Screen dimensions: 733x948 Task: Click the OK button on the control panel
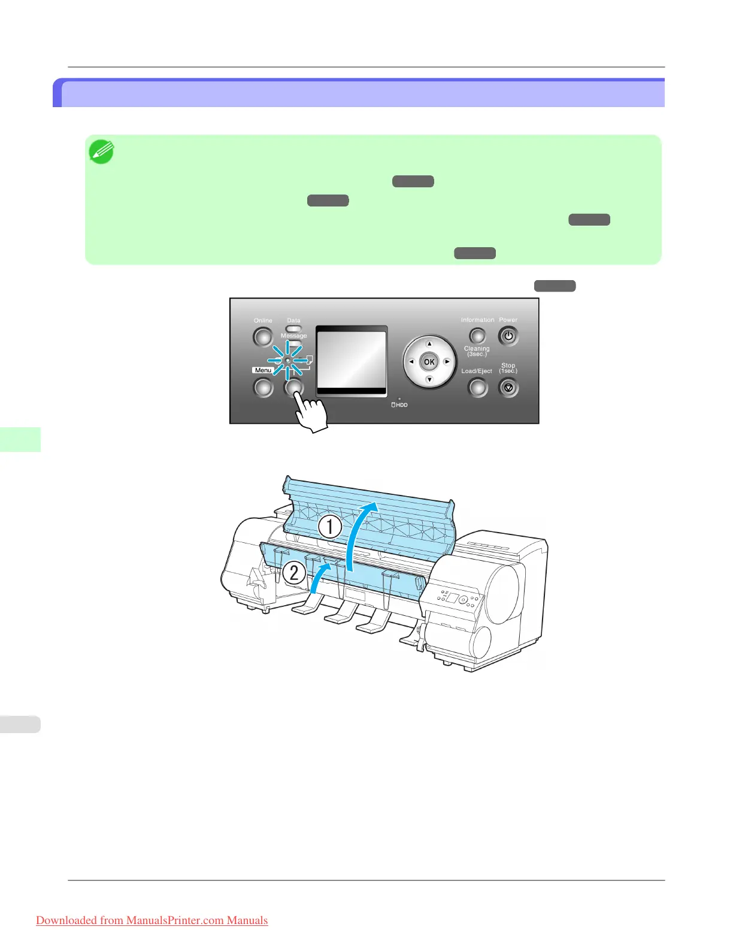[x=429, y=362]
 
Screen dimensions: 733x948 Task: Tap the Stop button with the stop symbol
[x=508, y=388]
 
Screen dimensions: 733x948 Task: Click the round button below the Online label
[x=263, y=338]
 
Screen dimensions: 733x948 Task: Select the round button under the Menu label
[x=263, y=388]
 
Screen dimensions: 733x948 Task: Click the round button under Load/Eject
[x=477, y=388]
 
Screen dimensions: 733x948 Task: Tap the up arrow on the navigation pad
[x=429, y=344]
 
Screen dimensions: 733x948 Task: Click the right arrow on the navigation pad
[x=447, y=362]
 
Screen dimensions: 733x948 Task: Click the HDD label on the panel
[x=400, y=405]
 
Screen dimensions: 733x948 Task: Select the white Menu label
[x=263, y=370]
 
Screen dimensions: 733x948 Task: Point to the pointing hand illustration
[x=311, y=412]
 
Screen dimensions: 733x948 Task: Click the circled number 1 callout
[x=329, y=527]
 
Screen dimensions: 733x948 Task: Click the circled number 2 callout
[x=293, y=573]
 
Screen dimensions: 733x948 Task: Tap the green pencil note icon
[x=101, y=152]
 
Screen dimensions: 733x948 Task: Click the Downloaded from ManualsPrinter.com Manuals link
[x=152, y=920]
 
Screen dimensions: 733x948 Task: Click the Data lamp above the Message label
[x=293, y=329]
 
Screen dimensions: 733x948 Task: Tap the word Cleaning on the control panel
[x=477, y=348]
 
